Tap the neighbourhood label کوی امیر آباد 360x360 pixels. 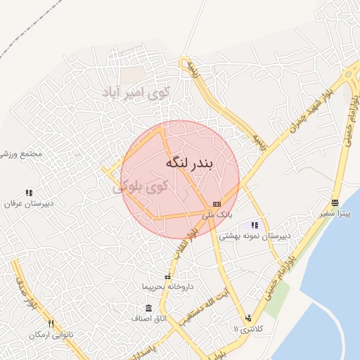(x=138, y=93)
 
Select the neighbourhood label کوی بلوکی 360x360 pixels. (x=141, y=186)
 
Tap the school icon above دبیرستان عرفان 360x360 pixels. (x=29, y=193)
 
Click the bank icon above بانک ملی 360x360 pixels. (x=217, y=203)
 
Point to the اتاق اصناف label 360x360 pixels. (x=148, y=319)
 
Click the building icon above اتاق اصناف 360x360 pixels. (x=148, y=308)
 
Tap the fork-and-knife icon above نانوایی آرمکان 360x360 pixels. (x=51, y=323)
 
